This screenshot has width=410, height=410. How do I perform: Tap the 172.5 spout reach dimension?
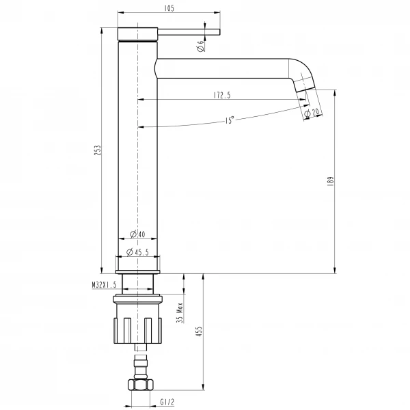(220, 96)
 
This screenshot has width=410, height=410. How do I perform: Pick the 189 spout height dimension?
(330, 181)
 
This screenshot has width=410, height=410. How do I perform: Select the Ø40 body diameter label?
(139, 234)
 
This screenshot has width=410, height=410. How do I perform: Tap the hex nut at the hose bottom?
(140, 384)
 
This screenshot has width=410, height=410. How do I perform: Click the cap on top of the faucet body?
(139, 34)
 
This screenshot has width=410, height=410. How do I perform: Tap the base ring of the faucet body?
(139, 264)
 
